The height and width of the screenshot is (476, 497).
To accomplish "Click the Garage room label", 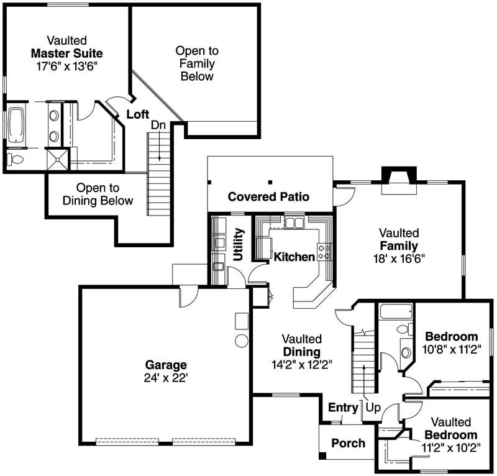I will click(x=166, y=365).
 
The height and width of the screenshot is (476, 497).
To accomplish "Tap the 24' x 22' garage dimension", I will click(x=166, y=377).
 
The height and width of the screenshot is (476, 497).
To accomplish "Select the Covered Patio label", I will click(x=268, y=197).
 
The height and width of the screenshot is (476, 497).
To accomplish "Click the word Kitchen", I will click(x=294, y=257).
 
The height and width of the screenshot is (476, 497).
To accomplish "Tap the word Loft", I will click(x=137, y=114).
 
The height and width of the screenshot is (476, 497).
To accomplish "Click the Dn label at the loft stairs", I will click(x=158, y=125).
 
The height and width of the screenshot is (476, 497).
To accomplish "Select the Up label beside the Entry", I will click(x=373, y=408).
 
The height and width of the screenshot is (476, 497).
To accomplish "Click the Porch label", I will click(x=348, y=443).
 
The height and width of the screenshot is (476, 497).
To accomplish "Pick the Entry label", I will click(x=343, y=408).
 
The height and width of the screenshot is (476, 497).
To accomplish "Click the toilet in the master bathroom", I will click(x=15, y=160).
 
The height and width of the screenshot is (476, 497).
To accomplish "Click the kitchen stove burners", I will click(x=324, y=252).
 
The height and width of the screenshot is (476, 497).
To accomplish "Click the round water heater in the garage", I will click(x=240, y=341).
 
